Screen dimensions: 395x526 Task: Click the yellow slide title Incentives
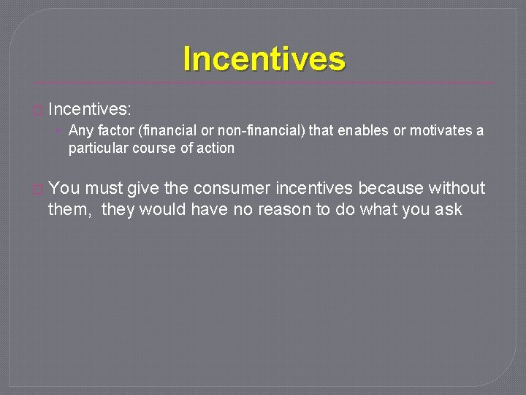click(x=264, y=59)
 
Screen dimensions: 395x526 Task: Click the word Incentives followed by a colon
click(x=89, y=110)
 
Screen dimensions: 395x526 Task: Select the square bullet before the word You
click(x=38, y=189)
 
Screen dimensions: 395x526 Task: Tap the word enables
click(x=361, y=131)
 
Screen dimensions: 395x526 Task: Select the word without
click(x=457, y=188)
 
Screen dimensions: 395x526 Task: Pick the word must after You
click(x=104, y=188)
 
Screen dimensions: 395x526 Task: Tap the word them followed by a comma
click(x=71, y=209)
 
